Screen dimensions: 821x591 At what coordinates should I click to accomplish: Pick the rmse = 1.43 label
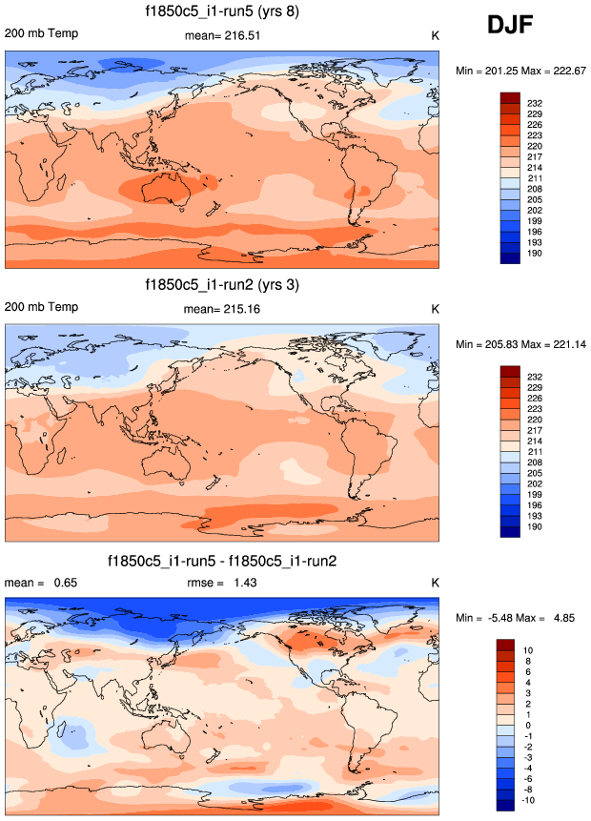pos(220,582)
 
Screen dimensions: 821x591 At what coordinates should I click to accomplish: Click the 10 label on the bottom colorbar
pos(532,649)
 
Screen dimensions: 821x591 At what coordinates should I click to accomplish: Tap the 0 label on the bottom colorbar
pos(532,725)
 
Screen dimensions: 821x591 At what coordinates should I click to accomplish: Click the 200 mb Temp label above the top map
pos(42,34)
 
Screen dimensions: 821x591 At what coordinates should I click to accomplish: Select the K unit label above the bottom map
pos(434,582)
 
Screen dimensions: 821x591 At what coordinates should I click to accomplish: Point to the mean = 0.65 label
pos(38,582)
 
